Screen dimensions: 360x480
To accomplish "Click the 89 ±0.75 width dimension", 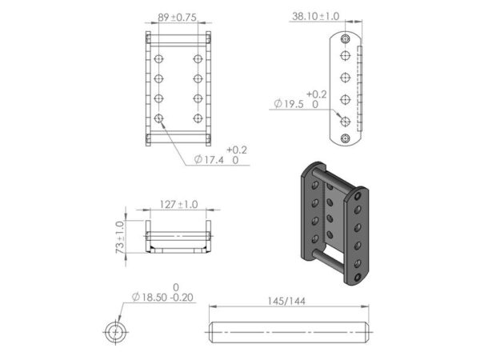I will (178, 16).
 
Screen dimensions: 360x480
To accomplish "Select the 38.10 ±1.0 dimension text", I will (316, 16).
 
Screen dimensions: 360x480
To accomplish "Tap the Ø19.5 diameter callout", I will (297, 103).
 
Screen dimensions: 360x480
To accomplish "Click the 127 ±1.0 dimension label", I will (178, 205).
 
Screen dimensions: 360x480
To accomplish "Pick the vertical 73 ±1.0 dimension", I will (121, 238).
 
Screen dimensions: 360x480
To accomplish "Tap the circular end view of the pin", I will (116, 331).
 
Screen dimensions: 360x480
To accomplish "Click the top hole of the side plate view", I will (345, 38).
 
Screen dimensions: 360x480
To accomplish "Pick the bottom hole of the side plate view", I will (345, 139).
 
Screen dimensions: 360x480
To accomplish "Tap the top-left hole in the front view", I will (159, 59).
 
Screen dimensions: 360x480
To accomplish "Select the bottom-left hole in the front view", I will (159, 118).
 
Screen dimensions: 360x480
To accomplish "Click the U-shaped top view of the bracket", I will (178, 238).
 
